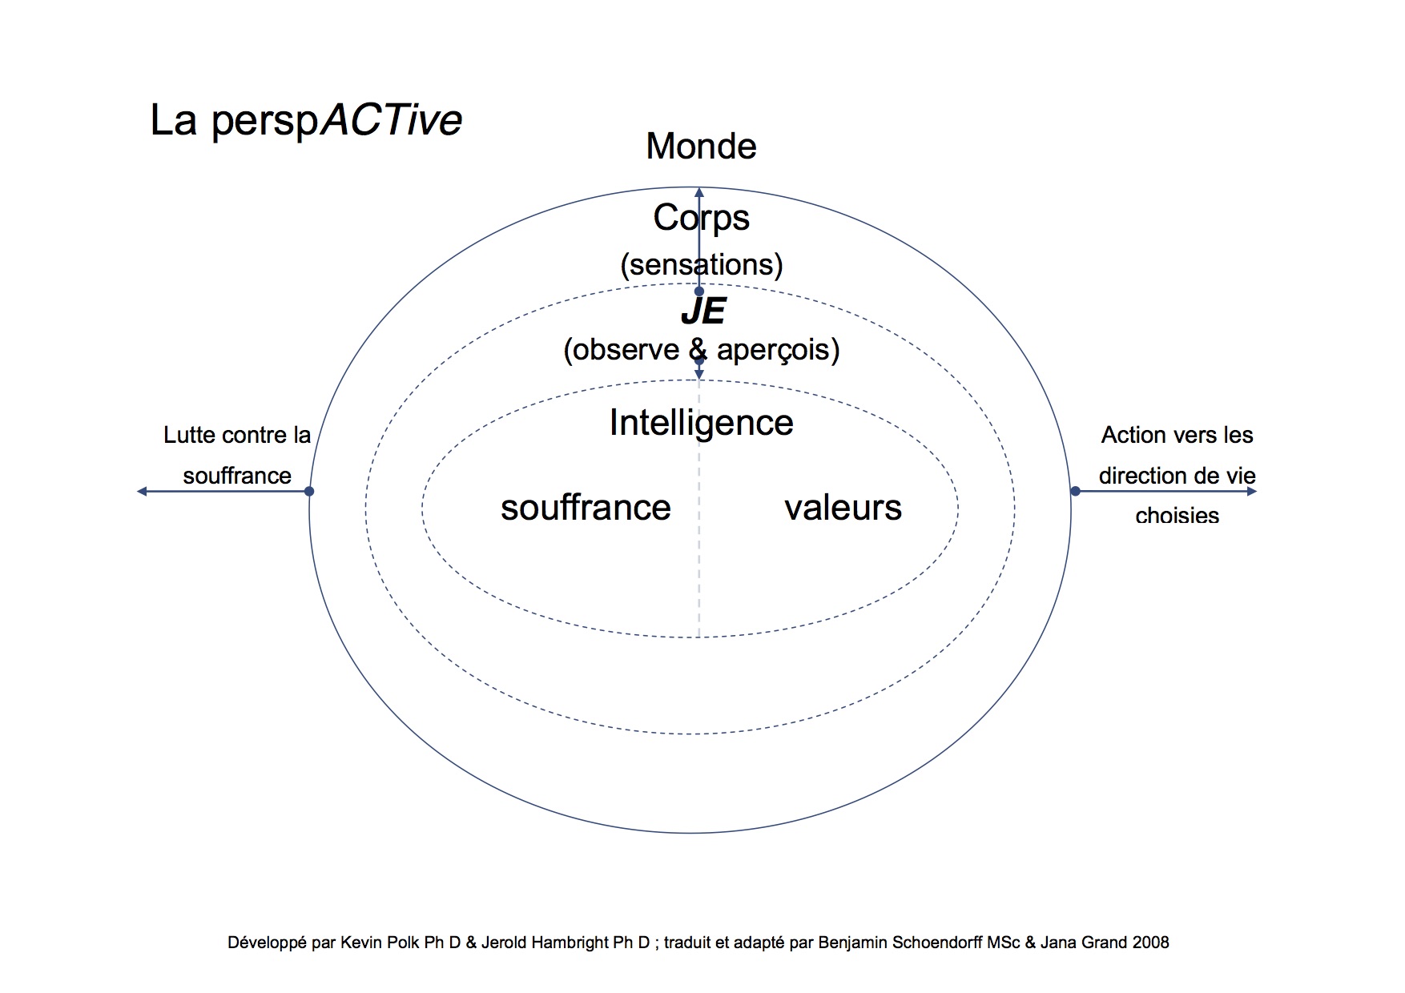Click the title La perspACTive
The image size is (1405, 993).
coord(306,121)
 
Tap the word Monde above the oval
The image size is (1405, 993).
coord(701,147)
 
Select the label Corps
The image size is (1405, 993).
coord(701,218)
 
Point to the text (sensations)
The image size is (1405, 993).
coord(701,264)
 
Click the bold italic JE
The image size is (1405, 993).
coord(702,312)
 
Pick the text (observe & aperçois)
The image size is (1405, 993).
coord(701,349)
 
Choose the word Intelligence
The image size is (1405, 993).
coord(701,422)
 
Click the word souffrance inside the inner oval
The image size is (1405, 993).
coord(586,508)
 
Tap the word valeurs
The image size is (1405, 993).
coord(843,508)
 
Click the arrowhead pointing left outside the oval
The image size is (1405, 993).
coord(143,491)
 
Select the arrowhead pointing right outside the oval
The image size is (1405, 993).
coord(1251,491)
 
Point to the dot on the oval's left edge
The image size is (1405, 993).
coord(309,491)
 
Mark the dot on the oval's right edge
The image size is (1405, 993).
coord(1075,491)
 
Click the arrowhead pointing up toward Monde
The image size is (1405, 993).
coord(699,193)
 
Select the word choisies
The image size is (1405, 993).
coord(1177,516)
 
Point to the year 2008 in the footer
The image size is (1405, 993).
coord(1150,943)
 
